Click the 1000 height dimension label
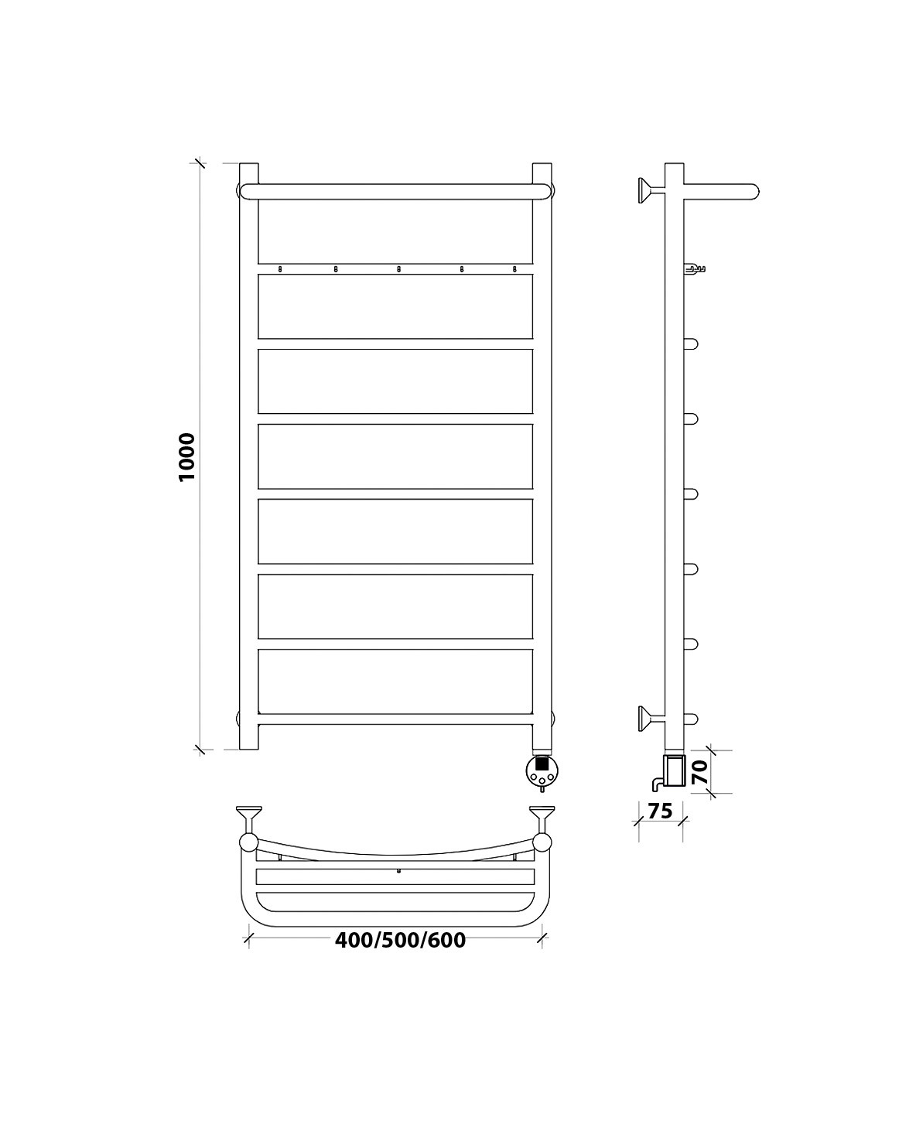pos(186,457)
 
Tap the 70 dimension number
pos(700,772)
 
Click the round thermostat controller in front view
pos(542,770)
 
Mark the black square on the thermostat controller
pos(542,764)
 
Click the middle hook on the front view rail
pos(398,269)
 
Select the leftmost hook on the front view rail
pos(280,269)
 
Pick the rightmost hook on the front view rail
pos(514,269)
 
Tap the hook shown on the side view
pos(694,269)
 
